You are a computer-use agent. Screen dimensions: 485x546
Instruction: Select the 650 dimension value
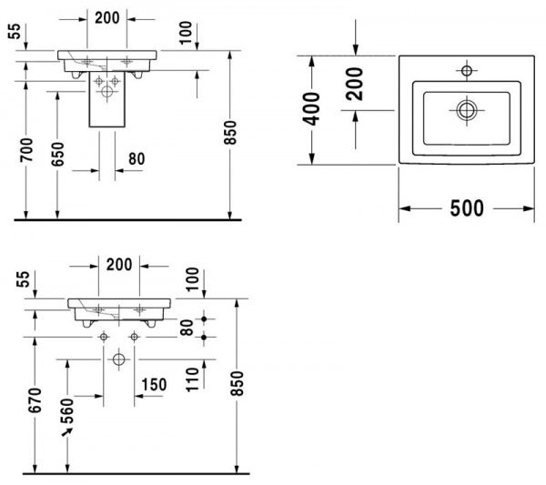coord(58,156)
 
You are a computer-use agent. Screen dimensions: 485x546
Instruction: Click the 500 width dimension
coord(466,208)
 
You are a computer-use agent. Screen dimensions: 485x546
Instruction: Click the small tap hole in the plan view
coord(467,70)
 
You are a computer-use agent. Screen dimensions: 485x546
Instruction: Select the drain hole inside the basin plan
coord(467,110)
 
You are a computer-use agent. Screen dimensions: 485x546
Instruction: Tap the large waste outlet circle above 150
coord(118,359)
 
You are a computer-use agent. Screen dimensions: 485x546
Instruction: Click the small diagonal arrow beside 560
coord(66,433)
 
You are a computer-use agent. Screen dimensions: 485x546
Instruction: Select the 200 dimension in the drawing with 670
coord(118,265)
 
